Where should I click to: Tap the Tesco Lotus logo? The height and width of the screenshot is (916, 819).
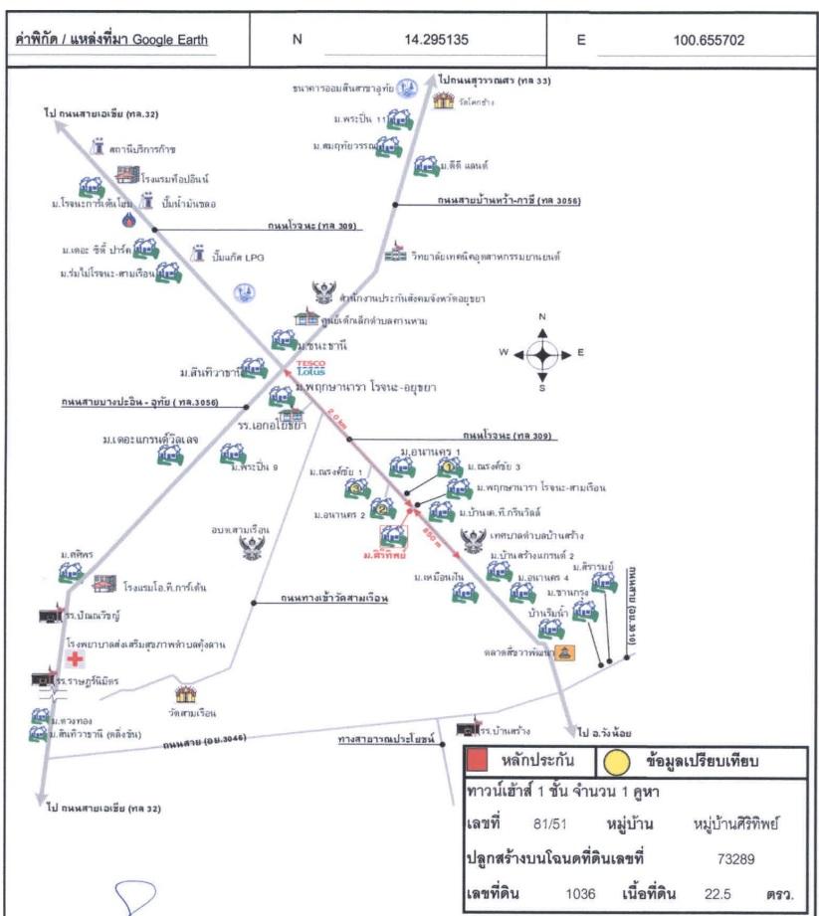pyautogui.click(x=311, y=368)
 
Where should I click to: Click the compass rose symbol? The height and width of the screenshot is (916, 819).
pyautogui.click(x=542, y=353)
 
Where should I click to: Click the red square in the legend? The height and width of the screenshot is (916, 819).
pyautogui.click(x=478, y=761)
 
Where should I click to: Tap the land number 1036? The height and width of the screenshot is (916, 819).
pyautogui.click(x=580, y=892)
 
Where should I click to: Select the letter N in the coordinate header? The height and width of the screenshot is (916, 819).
pyautogui.click(x=296, y=41)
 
